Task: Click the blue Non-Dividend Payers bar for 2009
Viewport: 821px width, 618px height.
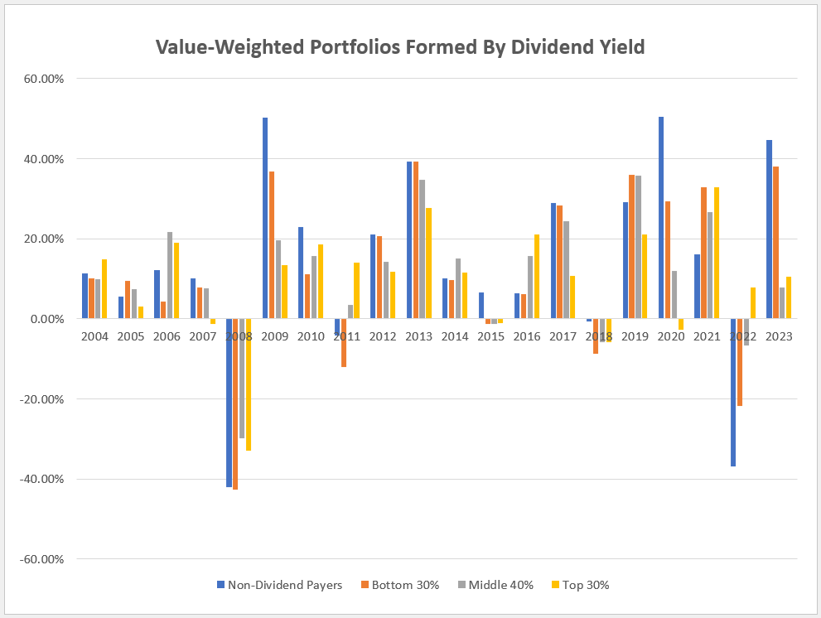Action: click(x=265, y=218)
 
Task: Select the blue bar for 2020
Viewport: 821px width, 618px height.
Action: click(x=661, y=218)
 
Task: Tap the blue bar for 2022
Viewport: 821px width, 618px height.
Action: click(x=733, y=393)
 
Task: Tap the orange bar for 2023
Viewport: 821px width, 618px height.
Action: click(x=775, y=243)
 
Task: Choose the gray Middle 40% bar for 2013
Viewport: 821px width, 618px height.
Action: click(x=423, y=249)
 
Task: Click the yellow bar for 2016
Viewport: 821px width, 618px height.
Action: click(x=537, y=277)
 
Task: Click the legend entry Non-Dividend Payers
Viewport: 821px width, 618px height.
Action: click(x=279, y=585)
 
